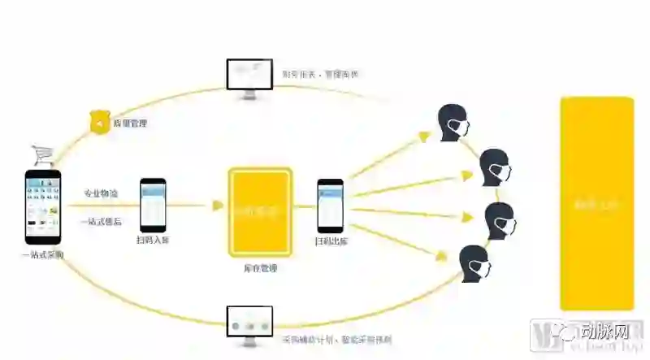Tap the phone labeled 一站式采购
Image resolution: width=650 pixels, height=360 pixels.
click(43, 206)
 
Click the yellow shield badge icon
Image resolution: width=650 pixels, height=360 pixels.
click(98, 123)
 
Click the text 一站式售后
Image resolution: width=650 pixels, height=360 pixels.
click(100, 220)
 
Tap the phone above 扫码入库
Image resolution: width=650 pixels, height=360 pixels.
click(153, 204)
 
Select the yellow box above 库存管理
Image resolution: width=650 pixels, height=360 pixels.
click(259, 210)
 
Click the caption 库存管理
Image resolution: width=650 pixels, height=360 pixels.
click(259, 267)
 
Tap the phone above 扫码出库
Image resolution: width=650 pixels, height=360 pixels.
click(330, 206)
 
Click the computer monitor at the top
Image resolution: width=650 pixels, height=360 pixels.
click(249, 78)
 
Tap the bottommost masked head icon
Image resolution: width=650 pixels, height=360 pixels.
click(475, 263)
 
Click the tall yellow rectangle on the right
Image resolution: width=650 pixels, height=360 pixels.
click(596, 202)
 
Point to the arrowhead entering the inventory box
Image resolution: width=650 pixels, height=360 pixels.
click(218, 206)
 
